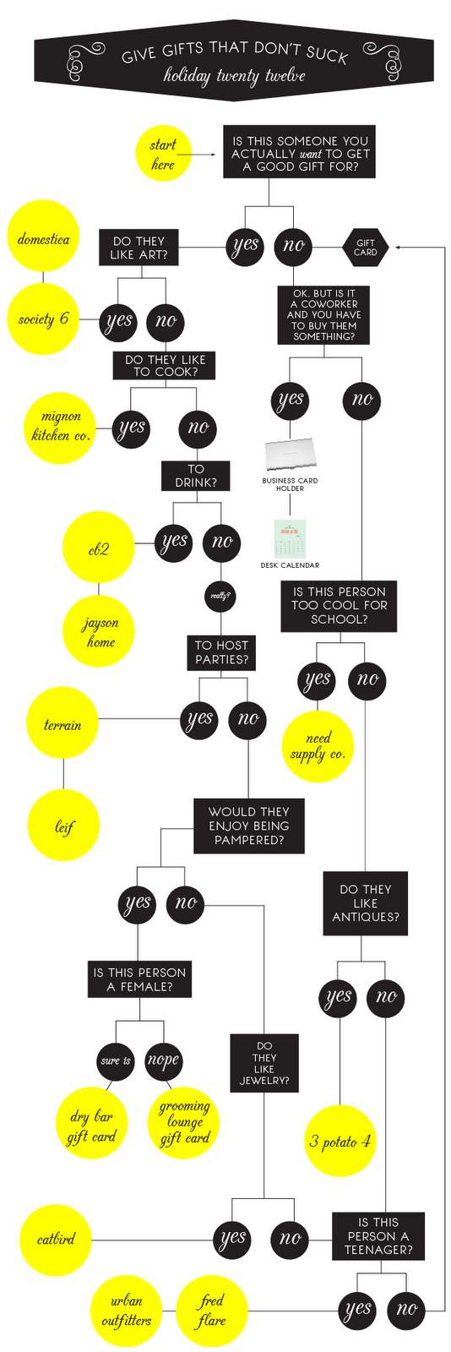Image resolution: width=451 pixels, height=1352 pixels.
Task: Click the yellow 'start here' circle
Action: (x=162, y=155)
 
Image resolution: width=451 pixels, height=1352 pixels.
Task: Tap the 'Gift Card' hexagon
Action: (x=366, y=247)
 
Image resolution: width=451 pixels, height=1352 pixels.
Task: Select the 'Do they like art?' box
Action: (x=139, y=248)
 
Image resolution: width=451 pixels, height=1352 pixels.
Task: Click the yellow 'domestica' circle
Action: (x=43, y=239)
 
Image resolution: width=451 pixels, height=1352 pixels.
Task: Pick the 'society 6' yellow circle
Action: (x=43, y=319)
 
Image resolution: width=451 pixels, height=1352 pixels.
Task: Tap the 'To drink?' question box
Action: (x=195, y=476)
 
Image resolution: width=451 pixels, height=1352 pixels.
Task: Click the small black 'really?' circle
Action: (x=220, y=596)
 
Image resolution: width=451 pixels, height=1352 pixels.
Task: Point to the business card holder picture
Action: (x=290, y=455)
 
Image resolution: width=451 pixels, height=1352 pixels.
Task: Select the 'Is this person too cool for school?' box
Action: (x=339, y=606)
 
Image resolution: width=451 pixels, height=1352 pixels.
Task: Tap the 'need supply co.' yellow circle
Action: (x=318, y=746)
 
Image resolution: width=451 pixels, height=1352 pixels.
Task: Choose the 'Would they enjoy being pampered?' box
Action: (x=248, y=826)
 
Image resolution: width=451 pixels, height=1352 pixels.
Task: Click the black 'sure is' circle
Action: (x=116, y=1060)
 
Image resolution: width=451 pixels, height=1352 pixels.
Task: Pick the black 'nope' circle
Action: (x=163, y=1060)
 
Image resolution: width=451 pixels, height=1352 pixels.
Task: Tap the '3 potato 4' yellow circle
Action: (x=340, y=1142)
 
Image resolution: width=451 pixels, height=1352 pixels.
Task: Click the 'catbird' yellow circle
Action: (x=56, y=1240)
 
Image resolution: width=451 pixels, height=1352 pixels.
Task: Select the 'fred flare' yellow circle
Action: (x=211, y=1311)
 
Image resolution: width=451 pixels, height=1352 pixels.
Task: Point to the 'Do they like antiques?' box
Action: (x=365, y=903)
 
